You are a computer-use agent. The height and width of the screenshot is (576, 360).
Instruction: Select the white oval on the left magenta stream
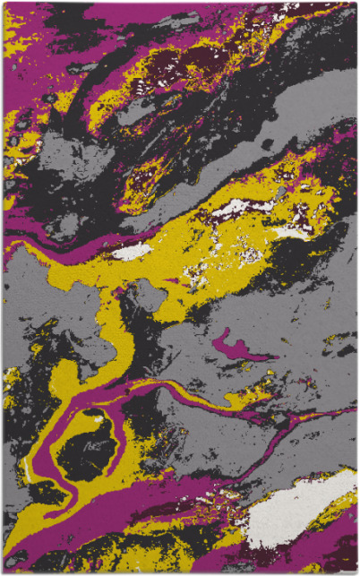[x=133, y=252]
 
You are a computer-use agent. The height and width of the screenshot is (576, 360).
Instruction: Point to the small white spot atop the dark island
[x=93, y=416]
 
